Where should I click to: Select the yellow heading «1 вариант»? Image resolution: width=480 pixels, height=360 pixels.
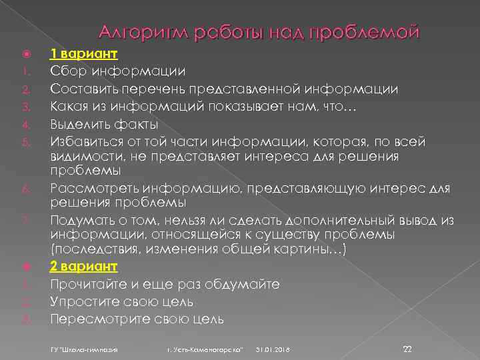[x=84, y=54]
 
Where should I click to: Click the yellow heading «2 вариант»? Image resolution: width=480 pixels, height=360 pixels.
[x=84, y=266]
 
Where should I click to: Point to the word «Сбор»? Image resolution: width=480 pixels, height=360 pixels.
[x=67, y=71]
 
